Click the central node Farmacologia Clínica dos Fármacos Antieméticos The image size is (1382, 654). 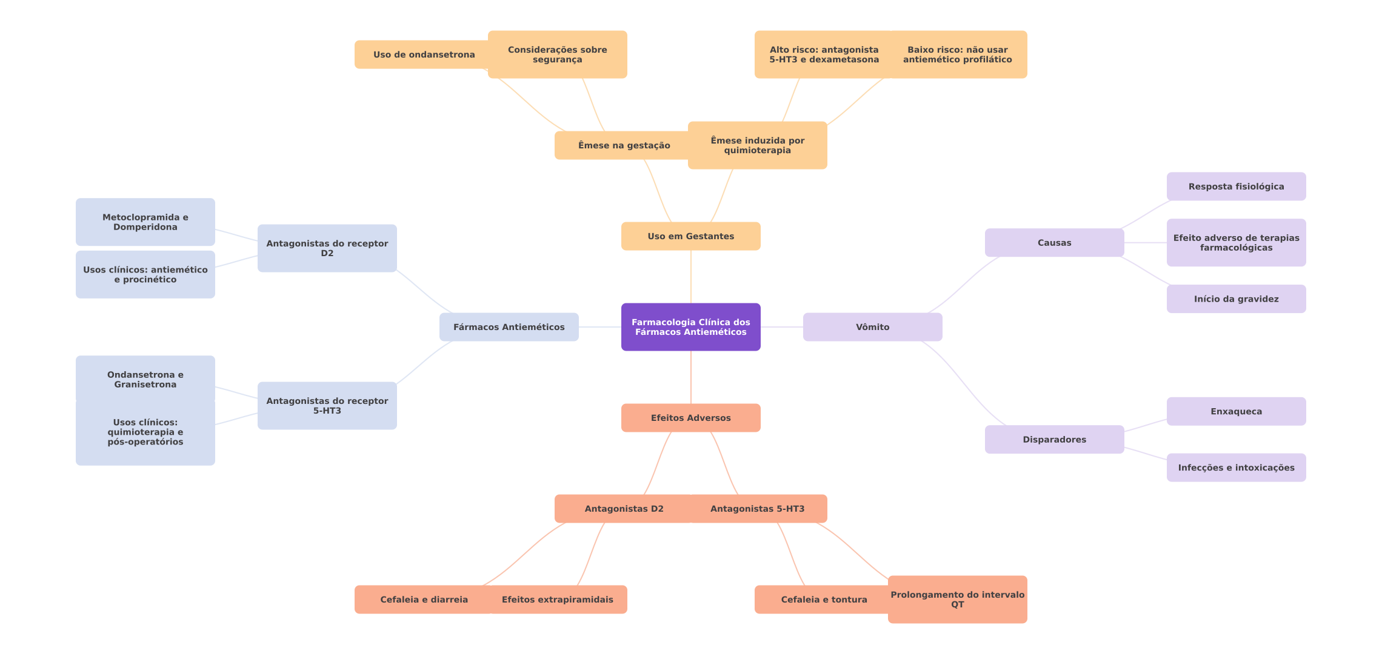690,327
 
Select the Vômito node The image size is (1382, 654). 872,327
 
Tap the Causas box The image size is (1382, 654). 1054,243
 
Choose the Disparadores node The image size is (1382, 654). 1054,440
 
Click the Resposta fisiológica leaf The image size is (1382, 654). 1236,187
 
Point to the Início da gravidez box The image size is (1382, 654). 1236,299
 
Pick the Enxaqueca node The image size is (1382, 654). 1236,411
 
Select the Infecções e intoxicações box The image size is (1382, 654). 1236,467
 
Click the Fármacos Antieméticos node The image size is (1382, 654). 509,327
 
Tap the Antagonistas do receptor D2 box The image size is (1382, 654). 327,248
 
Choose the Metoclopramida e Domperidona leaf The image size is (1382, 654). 145,222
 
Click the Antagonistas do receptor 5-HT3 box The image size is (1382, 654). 327,406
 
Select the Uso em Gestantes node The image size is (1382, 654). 690,236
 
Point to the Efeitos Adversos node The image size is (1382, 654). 690,418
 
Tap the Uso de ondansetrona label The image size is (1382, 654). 424,54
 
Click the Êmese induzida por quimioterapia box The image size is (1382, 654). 757,145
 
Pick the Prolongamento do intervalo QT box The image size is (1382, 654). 957,599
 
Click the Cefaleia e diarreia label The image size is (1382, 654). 424,599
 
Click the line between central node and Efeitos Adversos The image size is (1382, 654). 691,377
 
